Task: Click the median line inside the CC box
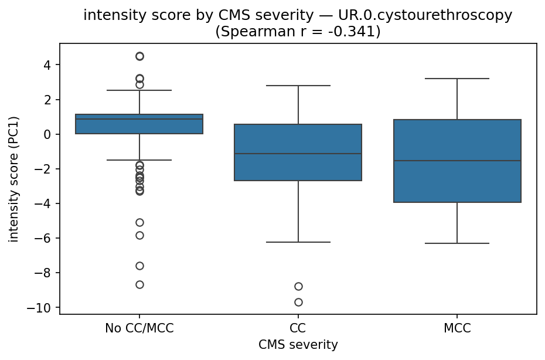tap(298, 154)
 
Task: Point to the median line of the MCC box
tap(457, 161)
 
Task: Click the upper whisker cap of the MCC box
tap(457, 79)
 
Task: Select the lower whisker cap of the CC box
tap(298, 242)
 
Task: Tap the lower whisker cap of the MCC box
tap(457, 243)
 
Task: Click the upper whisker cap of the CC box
tap(298, 86)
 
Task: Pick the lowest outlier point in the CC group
tap(298, 302)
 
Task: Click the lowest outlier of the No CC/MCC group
tap(139, 284)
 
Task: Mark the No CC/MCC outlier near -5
tap(139, 222)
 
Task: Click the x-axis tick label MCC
tap(457, 328)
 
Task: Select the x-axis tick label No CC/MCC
tap(139, 328)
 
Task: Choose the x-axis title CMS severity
tap(298, 345)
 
